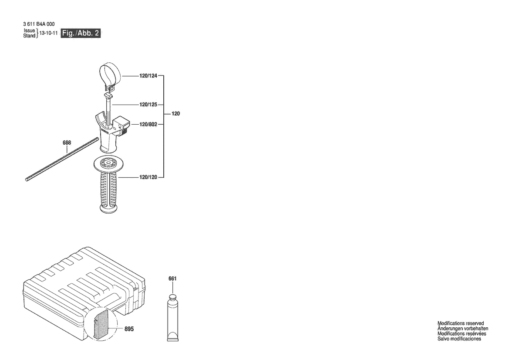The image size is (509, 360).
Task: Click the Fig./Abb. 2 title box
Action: pyautogui.click(x=81, y=33)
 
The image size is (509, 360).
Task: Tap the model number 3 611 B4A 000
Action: pyautogui.click(x=39, y=24)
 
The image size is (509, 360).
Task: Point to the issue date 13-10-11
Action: pyautogui.click(x=48, y=33)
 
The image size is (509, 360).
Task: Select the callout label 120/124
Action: pyautogui.click(x=148, y=76)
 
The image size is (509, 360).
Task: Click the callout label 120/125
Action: pyautogui.click(x=148, y=104)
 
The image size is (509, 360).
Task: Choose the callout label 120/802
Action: pyautogui.click(x=148, y=124)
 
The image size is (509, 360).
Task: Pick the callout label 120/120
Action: pyautogui.click(x=148, y=177)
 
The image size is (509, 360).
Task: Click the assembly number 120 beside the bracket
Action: pyautogui.click(x=175, y=114)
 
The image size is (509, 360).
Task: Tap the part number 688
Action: pyautogui.click(x=67, y=143)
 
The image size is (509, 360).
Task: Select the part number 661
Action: pyautogui.click(x=172, y=278)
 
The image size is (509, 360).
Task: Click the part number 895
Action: pyautogui.click(x=129, y=329)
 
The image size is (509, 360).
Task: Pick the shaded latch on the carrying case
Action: pyautogui.click(x=102, y=324)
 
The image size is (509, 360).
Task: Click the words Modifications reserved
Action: pyautogui.click(x=461, y=323)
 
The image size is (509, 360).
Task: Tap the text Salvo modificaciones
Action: pyautogui.click(x=459, y=339)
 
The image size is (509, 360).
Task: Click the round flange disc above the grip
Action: pyautogui.click(x=109, y=163)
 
